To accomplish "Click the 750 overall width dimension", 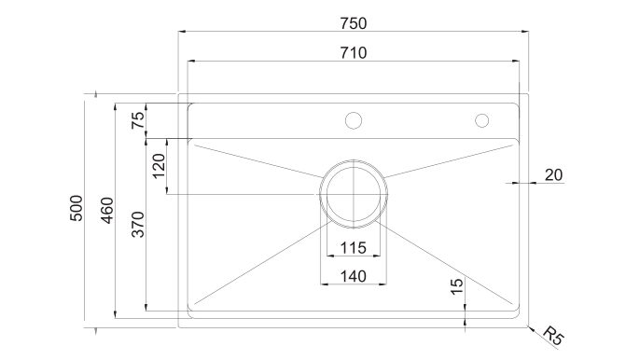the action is tap(354, 23).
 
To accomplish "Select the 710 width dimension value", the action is tap(354, 53).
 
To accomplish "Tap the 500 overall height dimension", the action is tap(77, 208).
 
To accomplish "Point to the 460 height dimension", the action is tap(107, 211).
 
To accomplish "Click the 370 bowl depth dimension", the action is tap(138, 225).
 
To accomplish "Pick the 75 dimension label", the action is tap(138, 119).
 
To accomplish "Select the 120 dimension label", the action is tap(159, 166).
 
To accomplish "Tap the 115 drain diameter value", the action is tap(354, 248).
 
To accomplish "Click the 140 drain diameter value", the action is tap(354, 276).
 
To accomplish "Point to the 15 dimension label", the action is tap(457, 286).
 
